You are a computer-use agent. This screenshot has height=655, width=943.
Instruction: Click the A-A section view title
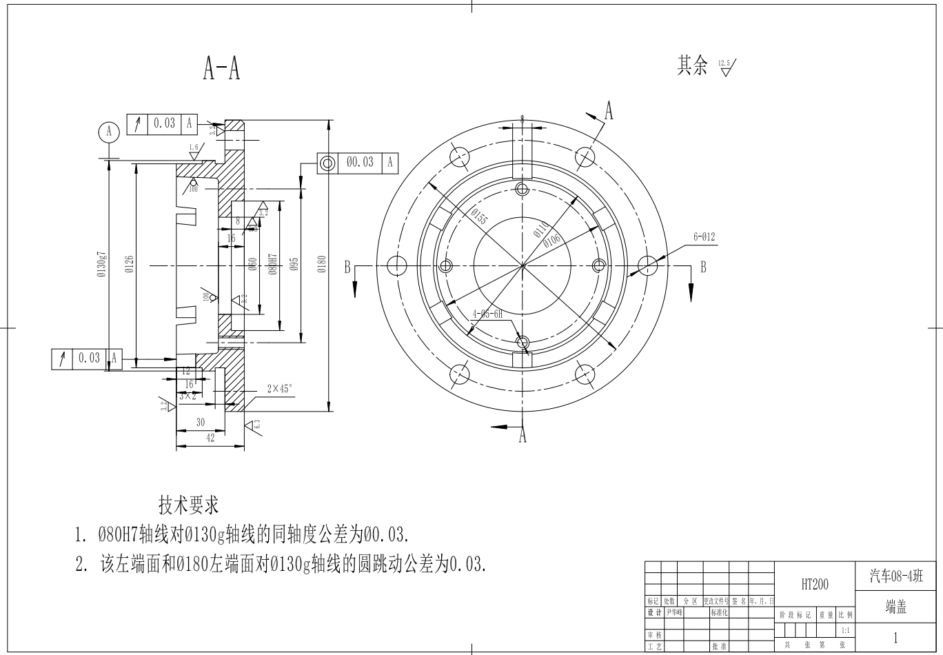221,68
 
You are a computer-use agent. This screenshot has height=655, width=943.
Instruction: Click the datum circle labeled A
108,131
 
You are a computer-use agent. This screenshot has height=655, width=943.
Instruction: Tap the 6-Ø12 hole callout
704,237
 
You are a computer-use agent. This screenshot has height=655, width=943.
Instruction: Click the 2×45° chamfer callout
280,389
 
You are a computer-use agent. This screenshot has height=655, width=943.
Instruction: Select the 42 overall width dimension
211,438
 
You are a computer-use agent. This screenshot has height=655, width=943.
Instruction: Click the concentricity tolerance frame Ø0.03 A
358,162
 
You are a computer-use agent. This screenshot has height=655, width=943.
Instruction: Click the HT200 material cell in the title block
815,585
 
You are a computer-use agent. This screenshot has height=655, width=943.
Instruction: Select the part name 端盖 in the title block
895,607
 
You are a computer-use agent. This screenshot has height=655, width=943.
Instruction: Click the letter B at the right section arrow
702,267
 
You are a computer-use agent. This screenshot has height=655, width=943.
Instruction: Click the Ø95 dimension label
294,265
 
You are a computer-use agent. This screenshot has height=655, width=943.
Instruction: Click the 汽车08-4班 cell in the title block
895,576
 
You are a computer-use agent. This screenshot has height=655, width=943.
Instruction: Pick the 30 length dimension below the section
201,422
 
